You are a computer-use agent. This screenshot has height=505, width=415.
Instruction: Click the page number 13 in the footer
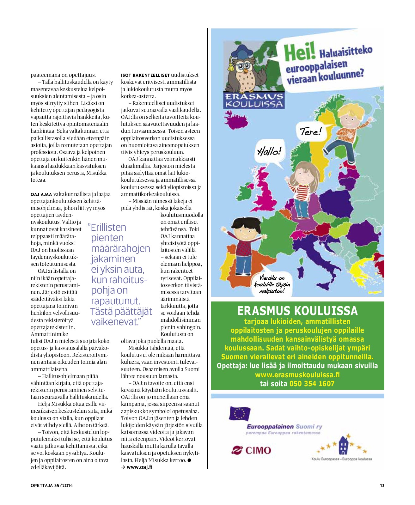[x=382, y=485]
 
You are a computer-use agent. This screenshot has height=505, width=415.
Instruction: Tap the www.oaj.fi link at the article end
[x=139, y=467]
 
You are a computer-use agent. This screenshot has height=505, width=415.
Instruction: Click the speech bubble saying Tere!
[x=310, y=131]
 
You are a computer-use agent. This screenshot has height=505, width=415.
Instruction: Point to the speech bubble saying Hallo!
[x=269, y=152]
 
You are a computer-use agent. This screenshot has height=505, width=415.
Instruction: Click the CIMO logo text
[x=258, y=450]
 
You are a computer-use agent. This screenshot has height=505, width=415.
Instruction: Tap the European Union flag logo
[x=240, y=413]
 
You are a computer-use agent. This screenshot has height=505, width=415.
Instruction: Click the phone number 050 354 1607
[x=312, y=384]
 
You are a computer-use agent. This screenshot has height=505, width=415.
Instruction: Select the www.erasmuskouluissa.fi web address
[x=297, y=375]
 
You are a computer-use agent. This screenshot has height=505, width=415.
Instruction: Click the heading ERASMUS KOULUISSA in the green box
[x=297, y=311]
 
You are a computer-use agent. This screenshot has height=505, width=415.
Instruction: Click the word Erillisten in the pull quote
[x=108, y=228]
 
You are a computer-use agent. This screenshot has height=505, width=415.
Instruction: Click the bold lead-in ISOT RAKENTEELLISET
[x=145, y=75]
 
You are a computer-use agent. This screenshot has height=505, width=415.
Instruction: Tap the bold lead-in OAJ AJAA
[x=41, y=194]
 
